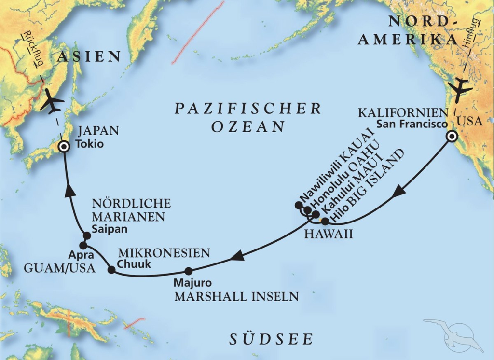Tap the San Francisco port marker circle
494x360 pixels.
(x=452, y=137)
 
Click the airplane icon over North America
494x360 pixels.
(x=459, y=89)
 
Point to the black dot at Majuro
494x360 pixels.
(x=188, y=271)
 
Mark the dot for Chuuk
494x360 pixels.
(x=111, y=270)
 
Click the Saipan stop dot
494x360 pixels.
(x=87, y=235)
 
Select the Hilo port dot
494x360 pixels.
(x=325, y=222)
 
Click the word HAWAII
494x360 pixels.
(x=329, y=235)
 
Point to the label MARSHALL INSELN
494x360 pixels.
(x=236, y=296)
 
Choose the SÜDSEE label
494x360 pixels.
(x=271, y=339)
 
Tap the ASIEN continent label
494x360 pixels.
(x=89, y=56)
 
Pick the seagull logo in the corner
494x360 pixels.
(x=453, y=333)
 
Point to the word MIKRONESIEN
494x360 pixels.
(x=164, y=253)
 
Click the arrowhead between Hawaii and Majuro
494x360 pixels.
(x=236, y=258)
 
